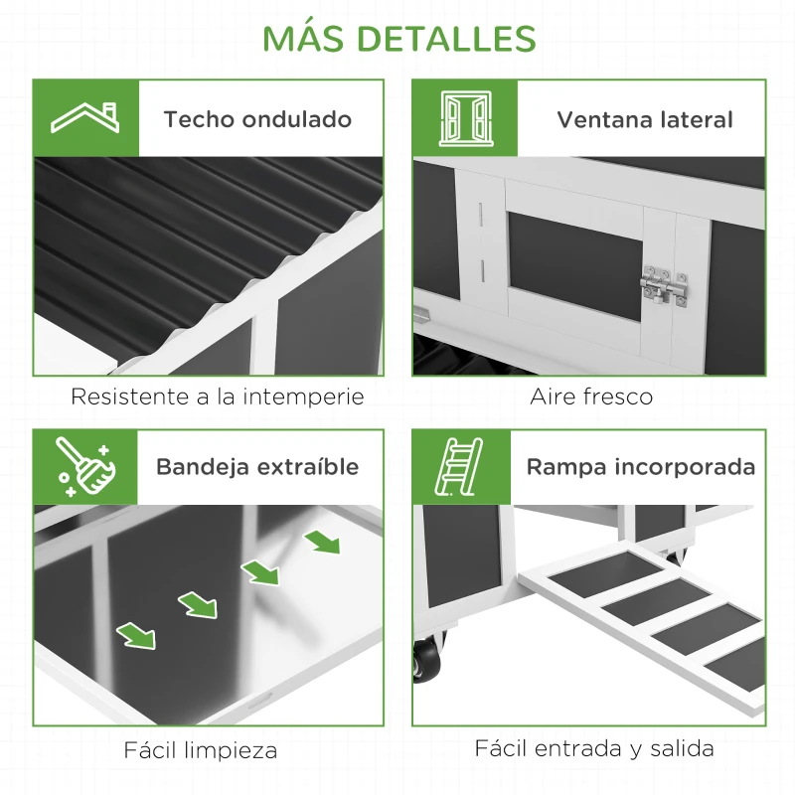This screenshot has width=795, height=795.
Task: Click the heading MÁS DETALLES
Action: (397, 38)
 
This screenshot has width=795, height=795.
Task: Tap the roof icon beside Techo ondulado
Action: (85, 118)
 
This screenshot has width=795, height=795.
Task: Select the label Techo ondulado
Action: (257, 120)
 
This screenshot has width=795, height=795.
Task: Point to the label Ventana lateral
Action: (644, 120)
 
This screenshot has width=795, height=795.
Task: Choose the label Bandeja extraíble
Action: (257, 467)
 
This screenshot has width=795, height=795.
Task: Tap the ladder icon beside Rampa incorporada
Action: (462, 467)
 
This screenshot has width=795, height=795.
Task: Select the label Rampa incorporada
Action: (640, 467)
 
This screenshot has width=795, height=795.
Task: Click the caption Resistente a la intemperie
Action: (217, 397)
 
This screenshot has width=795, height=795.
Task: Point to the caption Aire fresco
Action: (590, 397)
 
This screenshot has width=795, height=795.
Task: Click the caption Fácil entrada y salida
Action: (593, 748)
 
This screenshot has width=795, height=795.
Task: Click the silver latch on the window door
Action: (665, 286)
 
